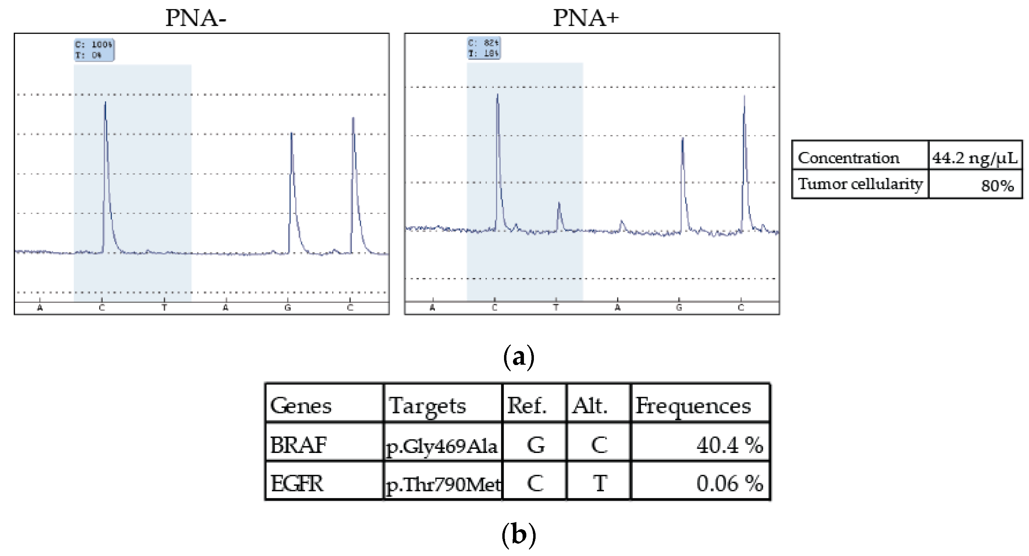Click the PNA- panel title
pos(196,18)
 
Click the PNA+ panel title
pos(586,18)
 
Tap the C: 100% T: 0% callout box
pos(94,49)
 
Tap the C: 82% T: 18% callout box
pos(484,48)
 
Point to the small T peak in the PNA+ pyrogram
pos(559,216)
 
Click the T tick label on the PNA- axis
pos(164,308)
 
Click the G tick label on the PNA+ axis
pos(679,308)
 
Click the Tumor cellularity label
pos(860,184)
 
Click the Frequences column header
pos(693,406)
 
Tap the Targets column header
pos(427,406)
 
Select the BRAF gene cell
pos(299,445)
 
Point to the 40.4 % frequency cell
pos(729,445)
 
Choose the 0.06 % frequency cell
pos(729,483)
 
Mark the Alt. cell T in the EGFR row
pos(599,483)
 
